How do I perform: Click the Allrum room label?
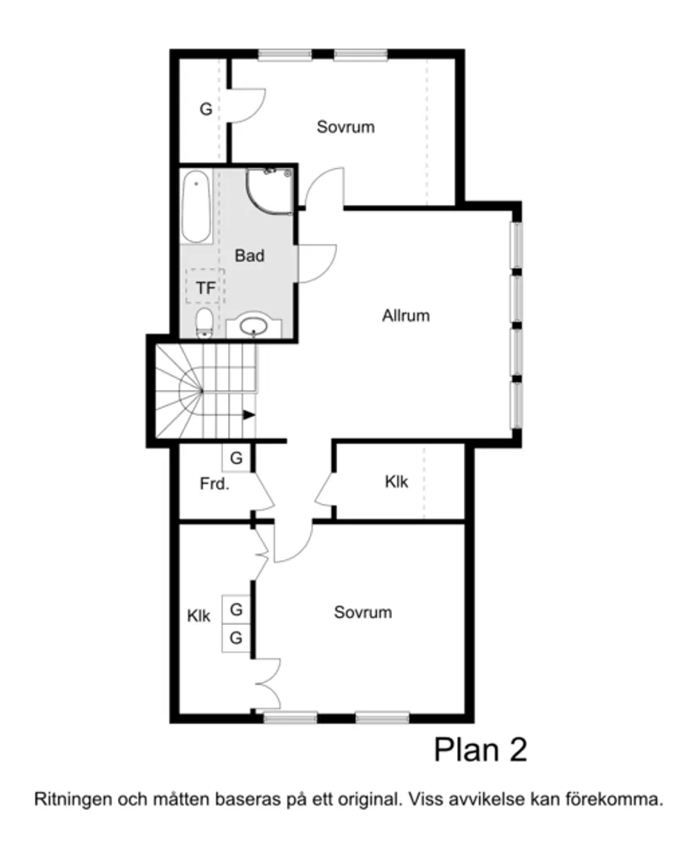click(x=406, y=316)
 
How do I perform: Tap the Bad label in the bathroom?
click(x=249, y=255)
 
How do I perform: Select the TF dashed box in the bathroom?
click(x=205, y=288)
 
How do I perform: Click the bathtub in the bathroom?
click(x=196, y=207)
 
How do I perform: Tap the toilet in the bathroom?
click(x=204, y=323)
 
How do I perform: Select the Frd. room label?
click(x=215, y=485)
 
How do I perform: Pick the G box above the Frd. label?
click(x=237, y=458)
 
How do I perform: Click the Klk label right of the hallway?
click(x=396, y=482)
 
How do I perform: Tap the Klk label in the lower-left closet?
click(x=199, y=616)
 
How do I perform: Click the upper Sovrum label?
click(x=346, y=127)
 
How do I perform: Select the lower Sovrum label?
click(x=362, y=612)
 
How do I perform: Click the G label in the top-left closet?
click(x=205, y=109)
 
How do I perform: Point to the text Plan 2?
click(x=480, y=749)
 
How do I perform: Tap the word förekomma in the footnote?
click(x=621, y=799)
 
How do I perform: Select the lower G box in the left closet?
click(x=237, y=638)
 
